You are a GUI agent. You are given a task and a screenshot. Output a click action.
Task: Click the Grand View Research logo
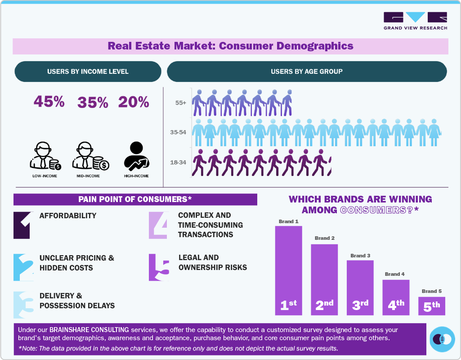click(415, 21)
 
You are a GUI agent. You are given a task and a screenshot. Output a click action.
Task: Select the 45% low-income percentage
click(49, 102)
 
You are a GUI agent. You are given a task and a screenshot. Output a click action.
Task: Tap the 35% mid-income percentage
click(93, 103)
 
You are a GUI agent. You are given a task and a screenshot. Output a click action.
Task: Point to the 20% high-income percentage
click(134, 102)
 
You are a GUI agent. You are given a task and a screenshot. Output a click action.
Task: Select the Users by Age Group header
click(307, 72)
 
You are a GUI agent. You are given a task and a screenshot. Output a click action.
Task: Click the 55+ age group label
click(181, 103)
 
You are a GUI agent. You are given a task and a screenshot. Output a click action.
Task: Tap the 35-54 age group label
click(178, 133)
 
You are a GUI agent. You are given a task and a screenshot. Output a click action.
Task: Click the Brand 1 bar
click(288, 270)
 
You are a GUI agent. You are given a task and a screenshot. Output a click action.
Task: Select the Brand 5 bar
click(431, 306)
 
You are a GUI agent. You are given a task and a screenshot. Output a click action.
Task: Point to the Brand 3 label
click(360, 256)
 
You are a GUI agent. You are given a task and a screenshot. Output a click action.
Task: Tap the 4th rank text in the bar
click(396, 305)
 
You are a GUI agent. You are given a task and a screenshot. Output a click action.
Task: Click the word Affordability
click(68, 216)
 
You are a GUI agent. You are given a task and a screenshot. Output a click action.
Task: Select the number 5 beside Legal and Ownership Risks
click(159, 267)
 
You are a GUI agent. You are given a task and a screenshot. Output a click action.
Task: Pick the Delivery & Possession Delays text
click(77, 301)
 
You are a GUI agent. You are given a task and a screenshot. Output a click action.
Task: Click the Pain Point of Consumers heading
click(135, 199)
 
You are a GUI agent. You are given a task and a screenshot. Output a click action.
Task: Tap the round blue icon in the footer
click(442, 339)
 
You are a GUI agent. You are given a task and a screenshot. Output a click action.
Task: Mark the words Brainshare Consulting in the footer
click(89, 330)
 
